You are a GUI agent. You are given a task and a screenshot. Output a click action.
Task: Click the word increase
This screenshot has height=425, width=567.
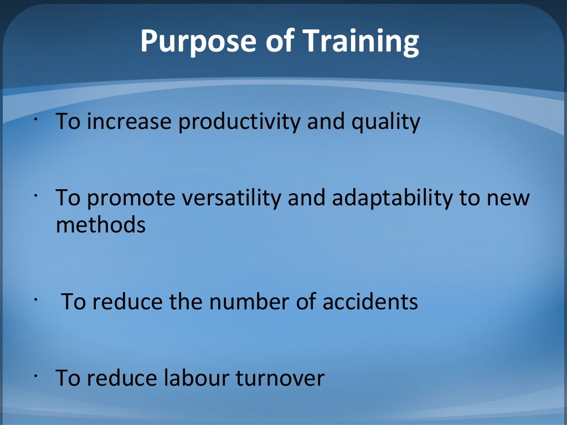pos(130,121)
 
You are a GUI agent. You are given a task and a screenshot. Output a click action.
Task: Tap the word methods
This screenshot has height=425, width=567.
pos(100,225)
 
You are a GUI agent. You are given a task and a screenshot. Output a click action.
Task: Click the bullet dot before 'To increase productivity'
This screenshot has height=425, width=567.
pos(35,119)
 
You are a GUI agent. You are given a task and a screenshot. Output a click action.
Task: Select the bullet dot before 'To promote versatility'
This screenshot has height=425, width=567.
pos(35,195)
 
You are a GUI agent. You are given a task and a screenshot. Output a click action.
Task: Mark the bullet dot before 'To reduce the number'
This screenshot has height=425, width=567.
pos(35,299)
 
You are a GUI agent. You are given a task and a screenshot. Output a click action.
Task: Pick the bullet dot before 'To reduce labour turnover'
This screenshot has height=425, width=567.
pos(35,376)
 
